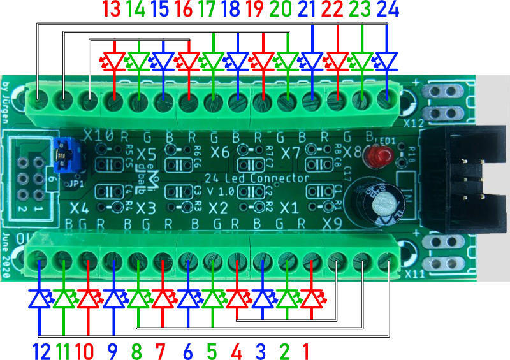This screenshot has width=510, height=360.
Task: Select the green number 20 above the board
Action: pos(287,10)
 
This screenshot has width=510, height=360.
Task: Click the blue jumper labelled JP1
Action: pos(65,152)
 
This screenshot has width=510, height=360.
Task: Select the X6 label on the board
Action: pos(220,152)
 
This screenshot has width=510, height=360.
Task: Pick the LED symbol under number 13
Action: pos(114,61)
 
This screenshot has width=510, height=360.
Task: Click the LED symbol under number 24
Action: pos(386,61)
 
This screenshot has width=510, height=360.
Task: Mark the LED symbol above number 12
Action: pos(40,299)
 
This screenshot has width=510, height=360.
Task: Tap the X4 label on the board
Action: pos(80,208)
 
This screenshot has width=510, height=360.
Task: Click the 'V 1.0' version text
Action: pos(221,192)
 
